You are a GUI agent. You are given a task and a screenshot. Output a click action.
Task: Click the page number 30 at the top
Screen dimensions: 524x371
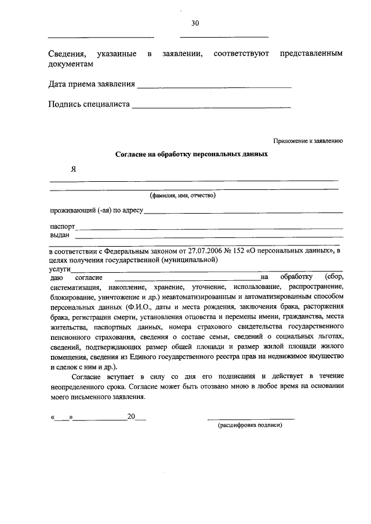tap(195, 23)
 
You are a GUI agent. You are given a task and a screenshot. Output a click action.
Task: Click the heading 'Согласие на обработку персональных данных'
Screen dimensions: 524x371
tap(191, 155)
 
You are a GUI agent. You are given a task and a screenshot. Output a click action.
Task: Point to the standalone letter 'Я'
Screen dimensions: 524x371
tap(74, 170)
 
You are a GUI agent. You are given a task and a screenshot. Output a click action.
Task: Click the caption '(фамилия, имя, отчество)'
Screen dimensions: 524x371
tap(183, 196)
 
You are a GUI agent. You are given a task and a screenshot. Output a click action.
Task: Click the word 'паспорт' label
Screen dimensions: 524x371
tap(62, 227)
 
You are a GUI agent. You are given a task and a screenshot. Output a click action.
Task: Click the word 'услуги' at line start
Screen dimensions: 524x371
tap(60, 269)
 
